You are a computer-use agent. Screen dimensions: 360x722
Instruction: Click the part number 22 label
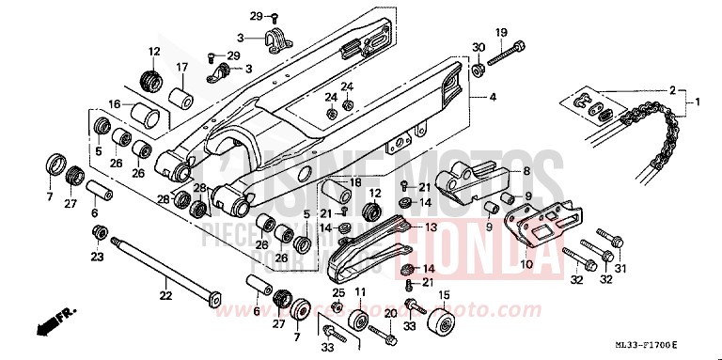point(165,296)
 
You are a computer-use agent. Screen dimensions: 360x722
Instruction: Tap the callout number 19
point(501,32)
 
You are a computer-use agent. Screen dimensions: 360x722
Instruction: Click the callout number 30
point(479,48)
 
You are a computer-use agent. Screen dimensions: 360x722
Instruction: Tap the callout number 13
point(430,227)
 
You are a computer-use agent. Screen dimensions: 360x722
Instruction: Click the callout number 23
point(96,256)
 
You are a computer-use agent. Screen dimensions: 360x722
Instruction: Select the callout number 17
point(182,67)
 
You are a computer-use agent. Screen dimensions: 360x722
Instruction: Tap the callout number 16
point(115,105)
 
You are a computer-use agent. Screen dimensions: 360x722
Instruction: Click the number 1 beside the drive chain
point(698,100)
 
